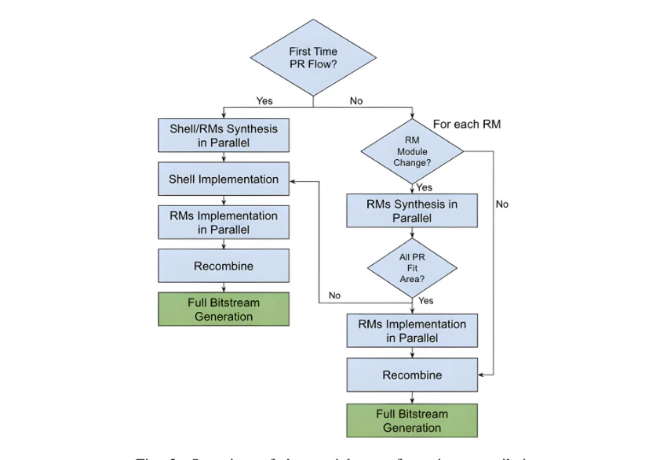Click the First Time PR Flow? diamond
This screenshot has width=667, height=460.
tap(313, 58)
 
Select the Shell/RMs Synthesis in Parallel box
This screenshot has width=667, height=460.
tap(224, 135)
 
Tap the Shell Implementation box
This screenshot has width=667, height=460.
tap(224, 179)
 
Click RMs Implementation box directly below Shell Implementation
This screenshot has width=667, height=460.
tap(224, 223)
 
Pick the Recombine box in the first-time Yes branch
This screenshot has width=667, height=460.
tap(224, 266)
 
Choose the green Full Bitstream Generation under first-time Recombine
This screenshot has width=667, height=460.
tap(224, 310)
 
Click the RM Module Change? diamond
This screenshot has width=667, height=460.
tap(412, 152)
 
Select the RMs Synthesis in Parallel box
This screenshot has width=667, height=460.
tap(412, 211)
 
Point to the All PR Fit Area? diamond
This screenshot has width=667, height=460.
tap(412, 268)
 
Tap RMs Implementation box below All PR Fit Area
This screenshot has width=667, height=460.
tap(412, 331)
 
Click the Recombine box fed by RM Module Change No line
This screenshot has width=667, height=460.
tap(412, 375)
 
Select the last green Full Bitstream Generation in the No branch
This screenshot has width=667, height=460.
tap(412, 421)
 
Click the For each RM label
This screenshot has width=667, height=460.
tap(466, 124)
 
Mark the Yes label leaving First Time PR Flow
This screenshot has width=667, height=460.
tap(264, 100)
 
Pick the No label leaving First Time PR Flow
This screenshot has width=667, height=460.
tap(356, 100)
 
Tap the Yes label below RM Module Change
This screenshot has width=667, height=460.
tap(425, 187)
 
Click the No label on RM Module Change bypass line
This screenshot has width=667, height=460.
tap(501, 204)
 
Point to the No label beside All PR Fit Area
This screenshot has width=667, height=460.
tap(335, 295)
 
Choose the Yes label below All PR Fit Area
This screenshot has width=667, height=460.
tap(426, 300)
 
